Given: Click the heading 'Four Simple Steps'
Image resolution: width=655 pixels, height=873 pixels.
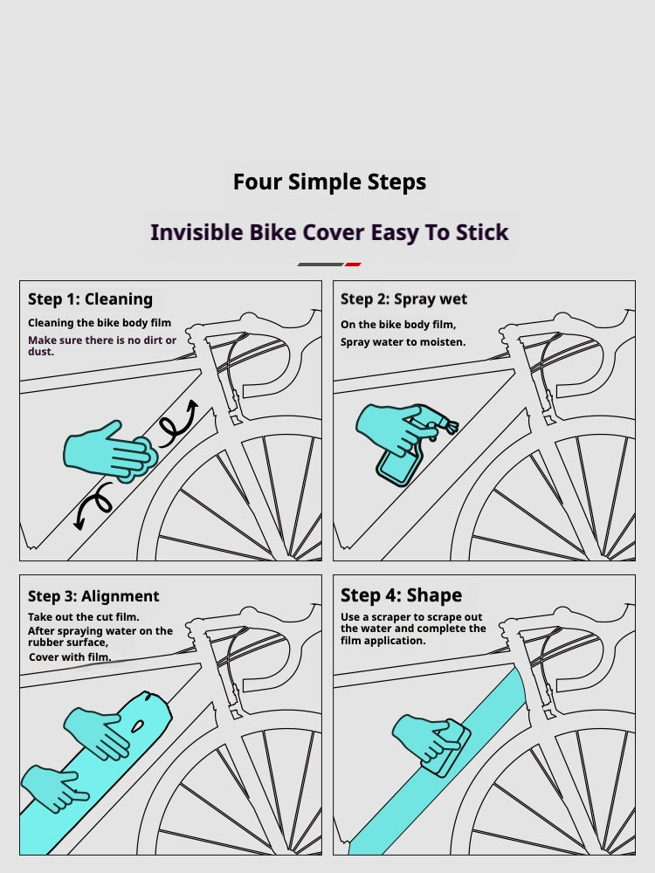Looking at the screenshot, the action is click(x=329, y=182).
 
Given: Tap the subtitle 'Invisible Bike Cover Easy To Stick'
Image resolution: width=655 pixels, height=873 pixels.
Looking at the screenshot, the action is click(x=329, y=232).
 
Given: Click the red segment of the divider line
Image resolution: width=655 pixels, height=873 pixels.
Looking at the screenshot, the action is click(x=353, y=265).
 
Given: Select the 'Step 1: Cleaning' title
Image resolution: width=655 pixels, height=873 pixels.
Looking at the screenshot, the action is click(x=90, y=299).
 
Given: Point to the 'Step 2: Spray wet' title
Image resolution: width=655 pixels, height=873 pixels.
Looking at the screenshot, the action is click(x=403, y=299).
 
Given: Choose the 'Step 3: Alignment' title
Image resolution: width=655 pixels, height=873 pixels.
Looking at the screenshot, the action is click(x=93, y=596).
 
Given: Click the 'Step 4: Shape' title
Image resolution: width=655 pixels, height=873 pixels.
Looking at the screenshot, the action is click(x=401, y=595).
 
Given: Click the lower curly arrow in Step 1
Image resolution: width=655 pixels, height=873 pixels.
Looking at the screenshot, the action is click(x=93, y=505).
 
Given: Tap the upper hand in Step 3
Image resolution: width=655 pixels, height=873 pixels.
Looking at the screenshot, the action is click(x=98, y=732).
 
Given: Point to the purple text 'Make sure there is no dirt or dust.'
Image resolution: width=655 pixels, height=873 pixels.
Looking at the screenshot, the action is click(x=102, y=346).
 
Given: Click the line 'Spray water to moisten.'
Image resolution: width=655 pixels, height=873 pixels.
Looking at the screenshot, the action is click(x=403, y=342).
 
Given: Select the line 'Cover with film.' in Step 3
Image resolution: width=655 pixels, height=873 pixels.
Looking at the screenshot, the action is click(x=70, y=657).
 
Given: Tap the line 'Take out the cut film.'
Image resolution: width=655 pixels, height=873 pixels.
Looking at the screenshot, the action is click(x=84, y=617).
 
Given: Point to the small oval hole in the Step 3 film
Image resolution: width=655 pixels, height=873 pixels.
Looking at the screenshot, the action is click(x=136, y=726).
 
